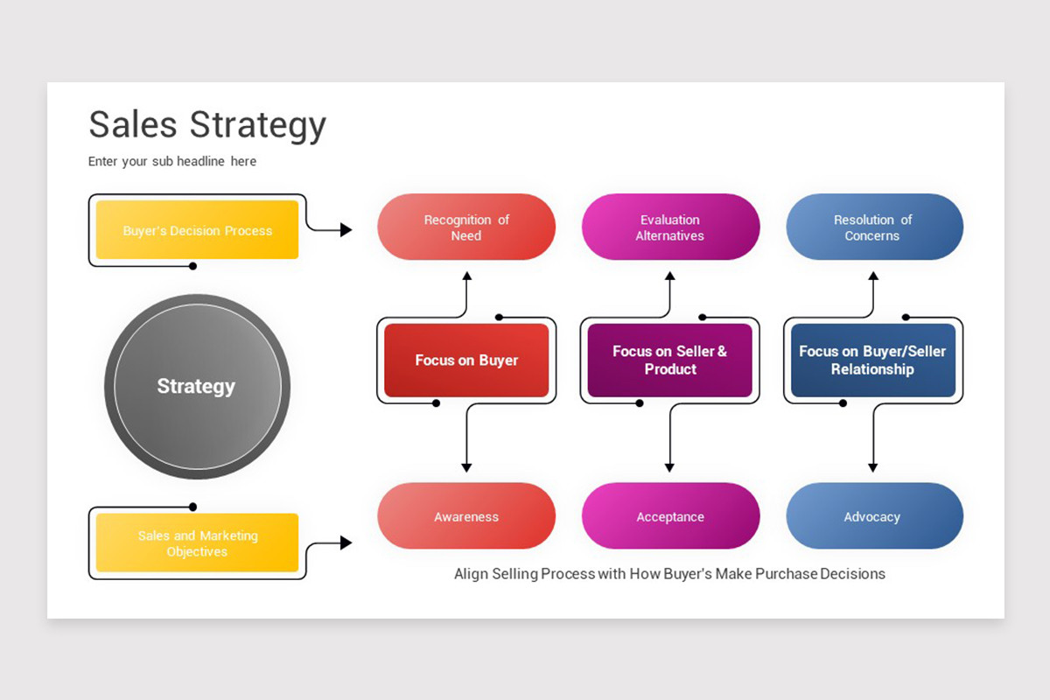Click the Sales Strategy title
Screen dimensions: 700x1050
click(207, 125)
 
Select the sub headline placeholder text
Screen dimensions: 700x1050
click(172, 162)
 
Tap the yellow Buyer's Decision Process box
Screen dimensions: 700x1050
click(197, 230)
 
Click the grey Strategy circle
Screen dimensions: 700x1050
click(197, 386)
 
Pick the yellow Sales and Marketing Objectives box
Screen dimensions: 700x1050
click(197, 543)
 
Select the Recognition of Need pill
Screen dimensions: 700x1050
click(466, 227)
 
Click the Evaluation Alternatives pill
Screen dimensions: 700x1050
click(670, 227)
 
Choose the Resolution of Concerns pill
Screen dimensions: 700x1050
click(874, 227)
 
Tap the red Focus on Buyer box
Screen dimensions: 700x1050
click(466, 360)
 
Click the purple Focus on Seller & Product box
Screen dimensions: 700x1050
click(669, 360)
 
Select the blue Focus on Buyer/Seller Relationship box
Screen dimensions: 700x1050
click(872, 360)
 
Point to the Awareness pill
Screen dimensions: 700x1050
click(466, 516)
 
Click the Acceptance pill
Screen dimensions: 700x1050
click(670, 516)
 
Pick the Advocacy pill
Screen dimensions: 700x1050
click(874, 516)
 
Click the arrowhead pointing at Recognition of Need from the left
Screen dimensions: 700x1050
click(346, 230)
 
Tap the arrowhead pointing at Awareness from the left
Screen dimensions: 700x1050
click(346, 543)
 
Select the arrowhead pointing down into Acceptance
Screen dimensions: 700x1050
click(669, 467)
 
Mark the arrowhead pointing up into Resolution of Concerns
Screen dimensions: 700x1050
click(872, 276)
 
